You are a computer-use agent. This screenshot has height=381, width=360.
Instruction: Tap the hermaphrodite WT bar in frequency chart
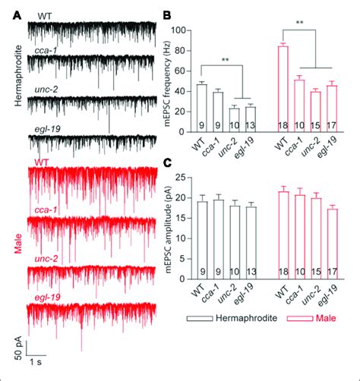201,107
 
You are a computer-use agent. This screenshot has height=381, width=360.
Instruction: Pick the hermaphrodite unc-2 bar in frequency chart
235,119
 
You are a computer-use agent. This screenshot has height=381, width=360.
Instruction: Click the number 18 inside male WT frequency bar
282,124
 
